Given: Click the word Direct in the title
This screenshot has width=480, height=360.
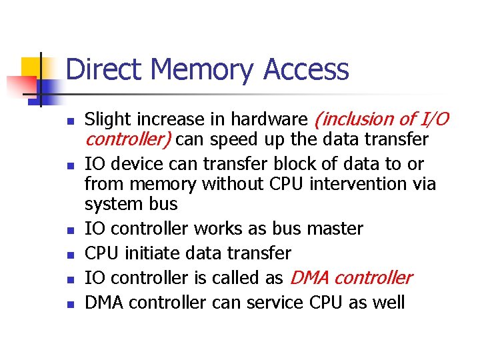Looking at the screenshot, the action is (107, 70).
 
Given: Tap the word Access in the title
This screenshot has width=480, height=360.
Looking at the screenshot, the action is (306, 70).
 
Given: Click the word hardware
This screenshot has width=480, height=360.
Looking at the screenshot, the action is (270, 120).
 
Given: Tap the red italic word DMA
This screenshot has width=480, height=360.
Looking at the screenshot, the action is (309, 278).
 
